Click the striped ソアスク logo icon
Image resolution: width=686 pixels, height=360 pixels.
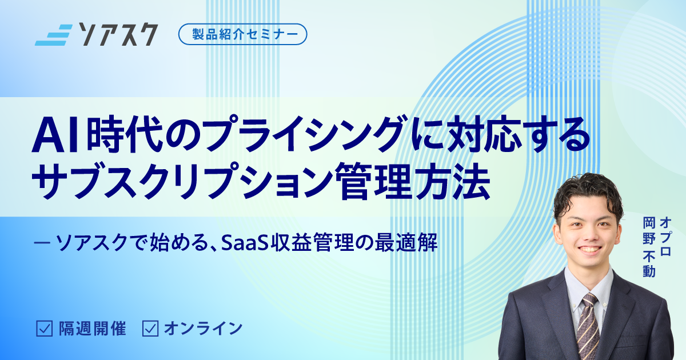[x=53, y=35]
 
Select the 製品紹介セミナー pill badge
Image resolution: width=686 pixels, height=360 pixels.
[x=242, y=34]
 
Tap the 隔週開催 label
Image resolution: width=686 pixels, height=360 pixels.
[x=92, y=329]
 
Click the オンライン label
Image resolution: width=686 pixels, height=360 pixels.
[x=203, y=329]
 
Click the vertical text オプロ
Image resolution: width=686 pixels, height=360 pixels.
[x=665, y=235]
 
